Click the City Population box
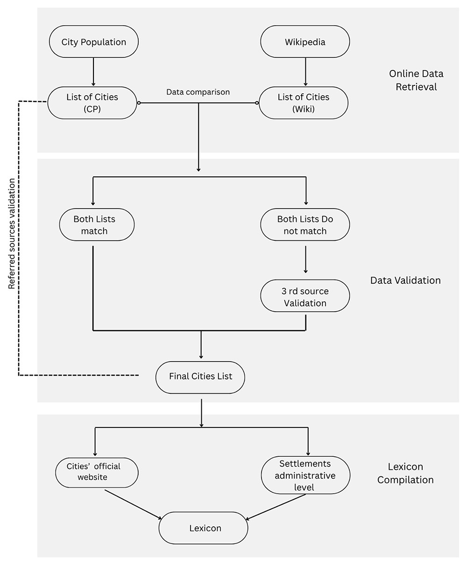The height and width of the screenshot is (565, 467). point(94,42)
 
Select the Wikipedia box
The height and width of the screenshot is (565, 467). point(305,42)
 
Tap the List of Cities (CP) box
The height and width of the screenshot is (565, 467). point(92,103)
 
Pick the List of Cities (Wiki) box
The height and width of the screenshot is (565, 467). point(304,103)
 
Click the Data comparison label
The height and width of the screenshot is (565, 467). point(198,92)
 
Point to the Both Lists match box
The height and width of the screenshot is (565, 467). point(97,224)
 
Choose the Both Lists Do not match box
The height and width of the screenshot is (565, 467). point(305,224)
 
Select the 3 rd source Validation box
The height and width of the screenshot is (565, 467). point(305,296)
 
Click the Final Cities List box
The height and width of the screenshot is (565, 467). point(200,377)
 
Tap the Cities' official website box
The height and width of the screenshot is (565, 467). point(97,473)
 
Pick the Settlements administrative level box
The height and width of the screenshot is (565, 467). point(305,475)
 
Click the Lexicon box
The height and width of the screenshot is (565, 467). point(203,528)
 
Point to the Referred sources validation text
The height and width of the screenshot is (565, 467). point(11,234)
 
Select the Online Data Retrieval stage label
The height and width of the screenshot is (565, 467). point(416,80)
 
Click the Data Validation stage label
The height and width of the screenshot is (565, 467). point(405,280)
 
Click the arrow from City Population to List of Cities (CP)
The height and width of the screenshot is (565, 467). point(93,72)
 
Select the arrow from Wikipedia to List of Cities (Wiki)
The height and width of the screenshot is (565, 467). point(305,72)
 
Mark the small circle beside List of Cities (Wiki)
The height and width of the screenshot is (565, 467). point(257,103)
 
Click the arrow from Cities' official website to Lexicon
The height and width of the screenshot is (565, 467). point(133,505)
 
